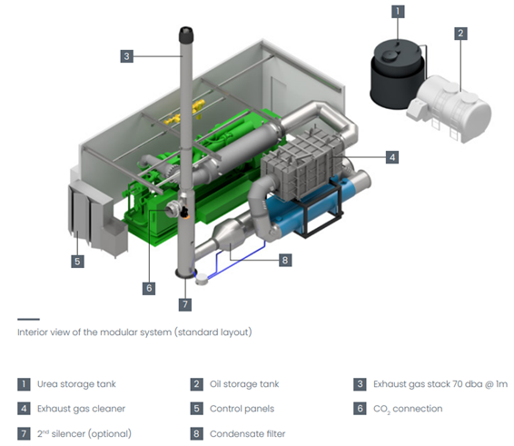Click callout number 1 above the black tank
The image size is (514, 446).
point(398,12)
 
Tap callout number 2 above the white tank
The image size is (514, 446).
point(460,33)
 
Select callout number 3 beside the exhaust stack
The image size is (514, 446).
point(127,56)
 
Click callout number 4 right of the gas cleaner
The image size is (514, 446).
point(392,157)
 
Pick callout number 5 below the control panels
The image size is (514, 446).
point(77,262)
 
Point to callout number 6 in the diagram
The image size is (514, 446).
point(149,288)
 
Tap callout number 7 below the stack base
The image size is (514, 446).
point(185,304)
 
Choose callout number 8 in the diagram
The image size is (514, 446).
point(285,260)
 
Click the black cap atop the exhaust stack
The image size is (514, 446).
point(186,35)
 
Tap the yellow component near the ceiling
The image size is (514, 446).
point(185,112)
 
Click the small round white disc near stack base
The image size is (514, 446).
point(202,280)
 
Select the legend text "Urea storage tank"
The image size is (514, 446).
point(76,384)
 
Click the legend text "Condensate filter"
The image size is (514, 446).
point(248,434)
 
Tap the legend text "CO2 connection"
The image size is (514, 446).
point(408,409)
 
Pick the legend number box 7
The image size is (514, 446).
point(24,433)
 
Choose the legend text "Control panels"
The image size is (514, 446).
point(242,409)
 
